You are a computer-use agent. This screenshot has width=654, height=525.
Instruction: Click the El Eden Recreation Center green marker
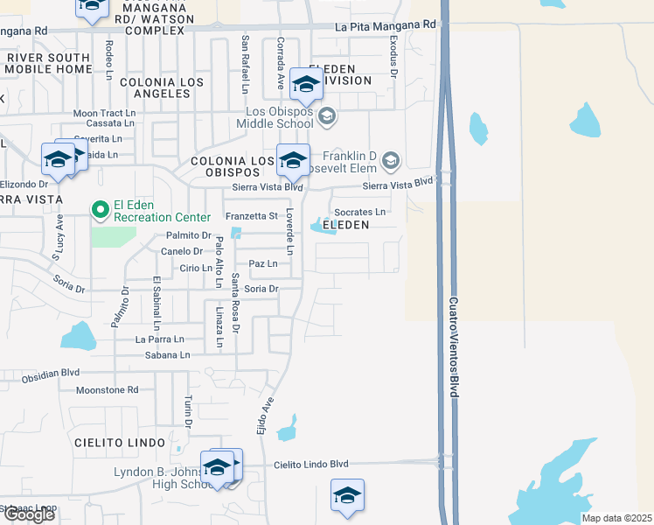tap(100, 209)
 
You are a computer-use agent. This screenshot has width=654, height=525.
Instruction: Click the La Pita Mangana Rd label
tap(385, 25)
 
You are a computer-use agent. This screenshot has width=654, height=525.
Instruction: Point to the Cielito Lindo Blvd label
tap(310, 465)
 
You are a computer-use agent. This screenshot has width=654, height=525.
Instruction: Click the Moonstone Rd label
tap(108, 390)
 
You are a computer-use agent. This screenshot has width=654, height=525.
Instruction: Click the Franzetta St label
tap(251, 216)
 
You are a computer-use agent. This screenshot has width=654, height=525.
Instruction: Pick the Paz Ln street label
tap(263, 263)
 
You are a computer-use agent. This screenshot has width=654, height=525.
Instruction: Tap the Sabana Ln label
tap(166, 355)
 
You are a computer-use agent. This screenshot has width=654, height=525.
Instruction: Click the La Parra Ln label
tap(160, 339)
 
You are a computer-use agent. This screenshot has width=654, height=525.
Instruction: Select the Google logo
tap(29, 514)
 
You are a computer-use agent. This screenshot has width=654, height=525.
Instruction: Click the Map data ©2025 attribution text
tap(616, 518)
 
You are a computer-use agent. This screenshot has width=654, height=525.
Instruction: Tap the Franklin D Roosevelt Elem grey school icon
tap(391, 160)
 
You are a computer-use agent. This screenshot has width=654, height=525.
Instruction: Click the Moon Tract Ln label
tap(104, 114)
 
